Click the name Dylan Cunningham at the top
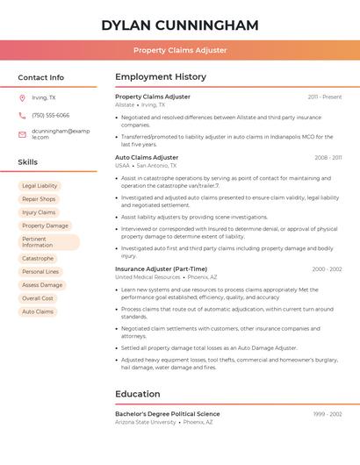(x=180, y=25)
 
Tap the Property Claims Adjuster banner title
(x=180, y=50)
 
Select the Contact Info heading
(x=40, y=77)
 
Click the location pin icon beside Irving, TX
(x=22, y=97)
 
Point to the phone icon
(x=22, y=115)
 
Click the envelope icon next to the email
(x=22, y=134)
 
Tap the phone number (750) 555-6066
(x=50, y=115)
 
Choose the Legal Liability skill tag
(x=40, y=186)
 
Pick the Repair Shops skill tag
(x=39, y=199)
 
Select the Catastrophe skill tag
(x=38, y=258)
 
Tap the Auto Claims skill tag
(x=38, y=311)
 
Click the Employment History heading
(x=161, y=77)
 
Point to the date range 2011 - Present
(x=324, y=97)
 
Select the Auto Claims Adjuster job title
(x=147, y=157)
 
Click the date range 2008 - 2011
(x=328, y=157)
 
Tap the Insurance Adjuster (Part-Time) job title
(x=161, y=268)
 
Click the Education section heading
(x=138, y=394)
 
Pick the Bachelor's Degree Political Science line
(x=168, y=413)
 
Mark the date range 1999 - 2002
(x=327, y=413)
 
